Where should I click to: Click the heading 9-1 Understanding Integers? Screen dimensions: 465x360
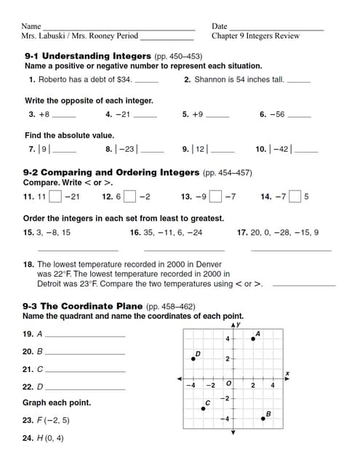(x=88, y=56)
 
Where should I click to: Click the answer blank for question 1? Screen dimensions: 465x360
(x=146, y=81)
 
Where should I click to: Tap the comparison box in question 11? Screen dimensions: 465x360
(x=55, y=196)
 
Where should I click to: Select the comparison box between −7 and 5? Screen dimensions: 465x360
(x=295, y=196)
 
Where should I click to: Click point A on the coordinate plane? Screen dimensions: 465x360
(x=253, y=338)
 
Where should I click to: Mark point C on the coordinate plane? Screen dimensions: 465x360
(x=204, y=408)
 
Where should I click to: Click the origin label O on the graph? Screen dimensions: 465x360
(x=228, y=384)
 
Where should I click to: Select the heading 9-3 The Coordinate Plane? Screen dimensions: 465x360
(x=84, y=307)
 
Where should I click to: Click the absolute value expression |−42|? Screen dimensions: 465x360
(x=280, y=149)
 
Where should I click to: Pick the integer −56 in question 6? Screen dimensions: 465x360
(x=276, y=115)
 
